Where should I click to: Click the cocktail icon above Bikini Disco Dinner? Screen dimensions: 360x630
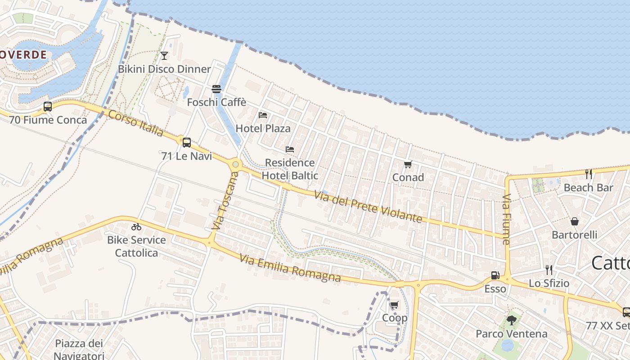[x=164, y=56]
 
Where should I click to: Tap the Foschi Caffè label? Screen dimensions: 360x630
[x=216, y=102]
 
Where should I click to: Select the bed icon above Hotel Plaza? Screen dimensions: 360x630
[x=263, y=116]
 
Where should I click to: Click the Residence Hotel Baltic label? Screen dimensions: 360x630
[x=290, y=169]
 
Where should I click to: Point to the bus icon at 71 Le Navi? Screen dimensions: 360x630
[x=186, y=143]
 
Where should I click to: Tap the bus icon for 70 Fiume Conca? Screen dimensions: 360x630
[x=48, y=107]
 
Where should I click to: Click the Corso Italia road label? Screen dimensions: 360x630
[x=135, y=122]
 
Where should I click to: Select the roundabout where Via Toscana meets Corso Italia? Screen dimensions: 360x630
[x=235, y=164]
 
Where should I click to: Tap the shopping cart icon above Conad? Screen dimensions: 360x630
[x=408, y=164]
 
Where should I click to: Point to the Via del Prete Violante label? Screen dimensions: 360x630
[x=368, y=207]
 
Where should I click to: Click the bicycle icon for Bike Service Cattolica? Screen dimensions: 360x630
[x=136, y=227]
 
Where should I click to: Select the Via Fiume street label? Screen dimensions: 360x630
[x=507, y=219]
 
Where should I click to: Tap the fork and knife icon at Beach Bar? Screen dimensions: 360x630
[x=589, y=174]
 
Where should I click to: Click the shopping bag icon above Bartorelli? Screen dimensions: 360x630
[x=575, y=221]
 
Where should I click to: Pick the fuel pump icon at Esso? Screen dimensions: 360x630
[x=495, y=275]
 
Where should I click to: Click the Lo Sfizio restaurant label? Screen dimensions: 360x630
[x=549, y=283]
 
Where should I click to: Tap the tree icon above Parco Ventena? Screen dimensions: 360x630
[x=511, y=320]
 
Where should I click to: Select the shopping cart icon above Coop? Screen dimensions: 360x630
[x=395, y=305]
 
